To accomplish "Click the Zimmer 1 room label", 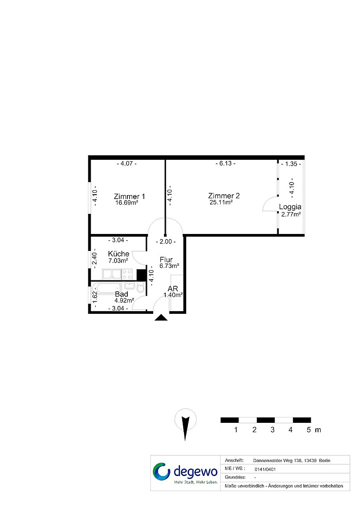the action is click(x=129, y=196).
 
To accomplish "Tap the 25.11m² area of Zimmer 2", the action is click(x=221, y=202).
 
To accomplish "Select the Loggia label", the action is click(x=290, y=207).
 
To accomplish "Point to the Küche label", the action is click(x=118, y=254).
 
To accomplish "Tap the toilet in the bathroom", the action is click(x=141, y=288).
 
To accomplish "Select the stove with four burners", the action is click(x=127, y=274).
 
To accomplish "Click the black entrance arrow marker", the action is click(x=161, y=317).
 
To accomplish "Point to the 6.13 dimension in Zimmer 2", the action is click(x=226, y=163).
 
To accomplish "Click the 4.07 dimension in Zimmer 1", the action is click(x=126, y=163).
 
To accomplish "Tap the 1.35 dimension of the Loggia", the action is click(x=291, y=164).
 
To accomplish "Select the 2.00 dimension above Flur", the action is click(x=166, y=242).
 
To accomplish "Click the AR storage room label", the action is click(x=173, y=288).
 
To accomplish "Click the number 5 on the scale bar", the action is click(x=309, y=430).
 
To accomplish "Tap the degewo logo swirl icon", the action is click(x=162, y=471).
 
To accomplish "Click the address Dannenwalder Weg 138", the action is click(x=277, y=461).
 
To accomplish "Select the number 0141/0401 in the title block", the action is click(x=265, y=469).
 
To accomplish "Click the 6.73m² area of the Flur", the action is click(x=169, y=266).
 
